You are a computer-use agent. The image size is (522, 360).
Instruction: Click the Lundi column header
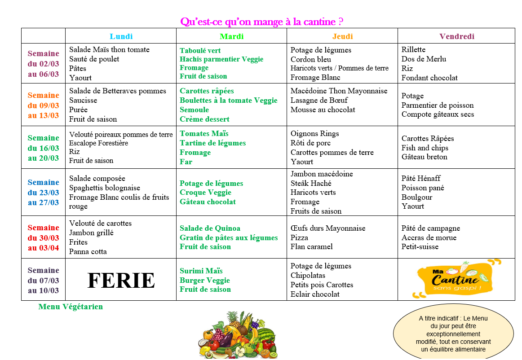pos(121,36)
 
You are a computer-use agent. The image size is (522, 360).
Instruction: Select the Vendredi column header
pos(457,36)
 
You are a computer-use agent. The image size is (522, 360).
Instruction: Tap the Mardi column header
pos(232,36)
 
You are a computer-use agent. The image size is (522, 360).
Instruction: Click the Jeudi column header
pos(343,36)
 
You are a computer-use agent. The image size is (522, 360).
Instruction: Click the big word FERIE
pos(121,281)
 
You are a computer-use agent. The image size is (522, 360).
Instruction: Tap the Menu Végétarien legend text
pos(71,307)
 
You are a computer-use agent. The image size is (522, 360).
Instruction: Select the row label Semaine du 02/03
pos(44,64)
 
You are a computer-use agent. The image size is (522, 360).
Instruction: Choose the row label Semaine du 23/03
pos(44,192)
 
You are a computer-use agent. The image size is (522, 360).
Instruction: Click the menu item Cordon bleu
pos(311,59)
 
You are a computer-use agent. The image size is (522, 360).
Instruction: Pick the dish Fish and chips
pos(425,148)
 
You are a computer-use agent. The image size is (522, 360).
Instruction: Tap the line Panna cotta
pos(88,251)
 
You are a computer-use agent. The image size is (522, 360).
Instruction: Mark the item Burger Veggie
pos(205,280)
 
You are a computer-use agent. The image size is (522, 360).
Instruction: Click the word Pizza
pos(299,237)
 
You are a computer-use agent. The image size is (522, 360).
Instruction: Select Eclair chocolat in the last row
pos(315,294)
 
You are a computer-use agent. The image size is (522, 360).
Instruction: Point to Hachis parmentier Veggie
pos(221,59)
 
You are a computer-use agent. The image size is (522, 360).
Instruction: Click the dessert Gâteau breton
pos(425,157)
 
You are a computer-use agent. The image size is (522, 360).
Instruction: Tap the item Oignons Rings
pos(315,133)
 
